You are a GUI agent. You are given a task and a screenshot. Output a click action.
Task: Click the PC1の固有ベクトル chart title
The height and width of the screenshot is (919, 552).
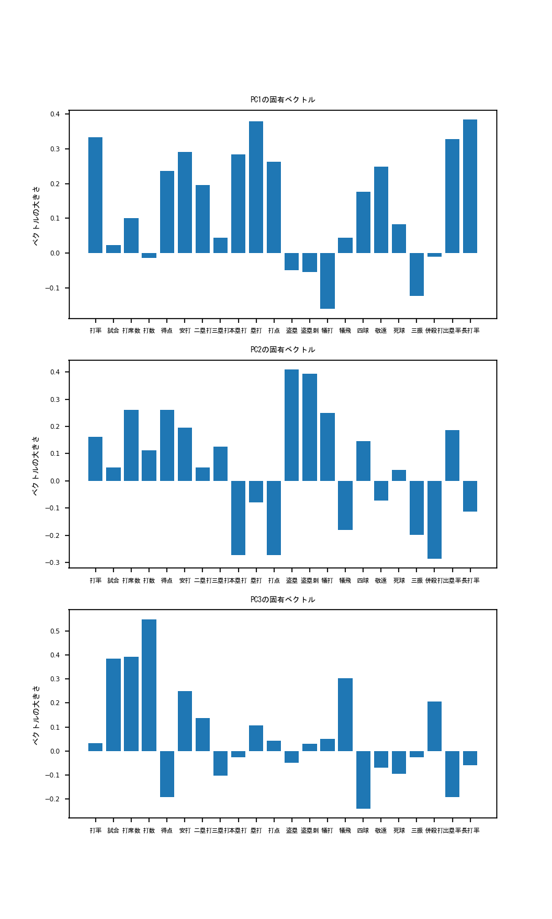[283, 100]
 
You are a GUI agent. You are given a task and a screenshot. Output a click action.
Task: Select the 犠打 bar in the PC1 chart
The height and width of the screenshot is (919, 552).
[328, 281]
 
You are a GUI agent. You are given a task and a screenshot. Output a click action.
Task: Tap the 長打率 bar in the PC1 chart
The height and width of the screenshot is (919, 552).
[470, 186]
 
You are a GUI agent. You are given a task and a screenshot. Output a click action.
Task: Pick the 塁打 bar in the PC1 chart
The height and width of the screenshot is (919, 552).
[256, 187]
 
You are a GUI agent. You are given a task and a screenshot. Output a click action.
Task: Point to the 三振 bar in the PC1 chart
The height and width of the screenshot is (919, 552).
[417, 274]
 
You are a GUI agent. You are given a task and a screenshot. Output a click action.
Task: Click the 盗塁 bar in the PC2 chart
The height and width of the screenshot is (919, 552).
[291, 425]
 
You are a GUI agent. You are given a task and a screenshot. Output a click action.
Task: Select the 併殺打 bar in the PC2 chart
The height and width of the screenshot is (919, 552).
[435, 520]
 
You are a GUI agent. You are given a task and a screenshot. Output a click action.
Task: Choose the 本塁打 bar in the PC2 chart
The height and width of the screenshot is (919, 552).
[238, 518]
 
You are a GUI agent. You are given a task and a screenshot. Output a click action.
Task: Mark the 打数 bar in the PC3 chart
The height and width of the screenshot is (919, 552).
[149, 685]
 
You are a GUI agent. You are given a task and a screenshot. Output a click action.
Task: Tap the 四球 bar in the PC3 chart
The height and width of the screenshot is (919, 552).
[363, 780]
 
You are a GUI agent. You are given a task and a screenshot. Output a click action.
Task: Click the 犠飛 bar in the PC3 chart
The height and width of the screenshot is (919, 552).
[345, 714]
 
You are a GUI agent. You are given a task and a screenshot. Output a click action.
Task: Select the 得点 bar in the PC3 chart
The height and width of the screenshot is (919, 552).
[167, 774]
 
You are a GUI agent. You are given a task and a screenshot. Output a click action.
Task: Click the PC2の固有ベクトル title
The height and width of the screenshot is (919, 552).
[283, 350]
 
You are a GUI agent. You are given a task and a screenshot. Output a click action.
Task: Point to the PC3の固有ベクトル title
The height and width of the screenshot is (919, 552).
[283, 600]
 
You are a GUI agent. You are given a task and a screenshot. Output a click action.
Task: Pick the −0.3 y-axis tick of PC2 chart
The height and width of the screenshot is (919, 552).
[54, 562]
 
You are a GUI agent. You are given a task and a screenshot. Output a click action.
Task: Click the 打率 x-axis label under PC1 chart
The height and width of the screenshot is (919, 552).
[96, 331]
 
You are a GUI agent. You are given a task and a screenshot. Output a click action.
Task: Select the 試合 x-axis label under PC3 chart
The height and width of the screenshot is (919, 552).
[113, 831]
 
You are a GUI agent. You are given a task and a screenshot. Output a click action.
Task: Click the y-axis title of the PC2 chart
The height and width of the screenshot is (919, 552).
[36, 465]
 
